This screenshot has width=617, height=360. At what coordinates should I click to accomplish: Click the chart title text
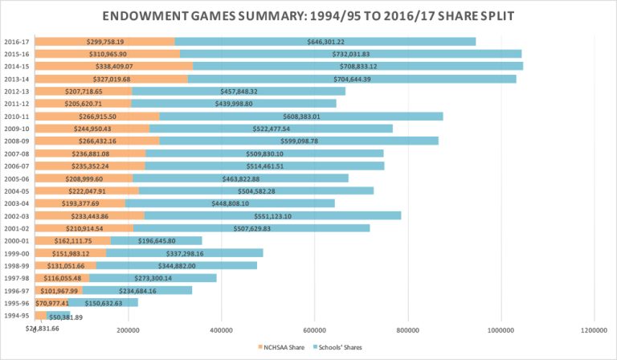click(308, 17)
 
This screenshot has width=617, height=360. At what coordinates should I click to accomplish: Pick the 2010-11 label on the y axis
click(16, 116)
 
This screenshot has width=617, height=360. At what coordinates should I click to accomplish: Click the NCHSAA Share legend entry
click(280, 346)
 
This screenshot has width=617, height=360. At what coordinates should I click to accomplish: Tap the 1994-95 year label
click(16, 316)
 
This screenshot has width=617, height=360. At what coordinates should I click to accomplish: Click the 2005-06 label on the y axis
click(16, 178)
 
